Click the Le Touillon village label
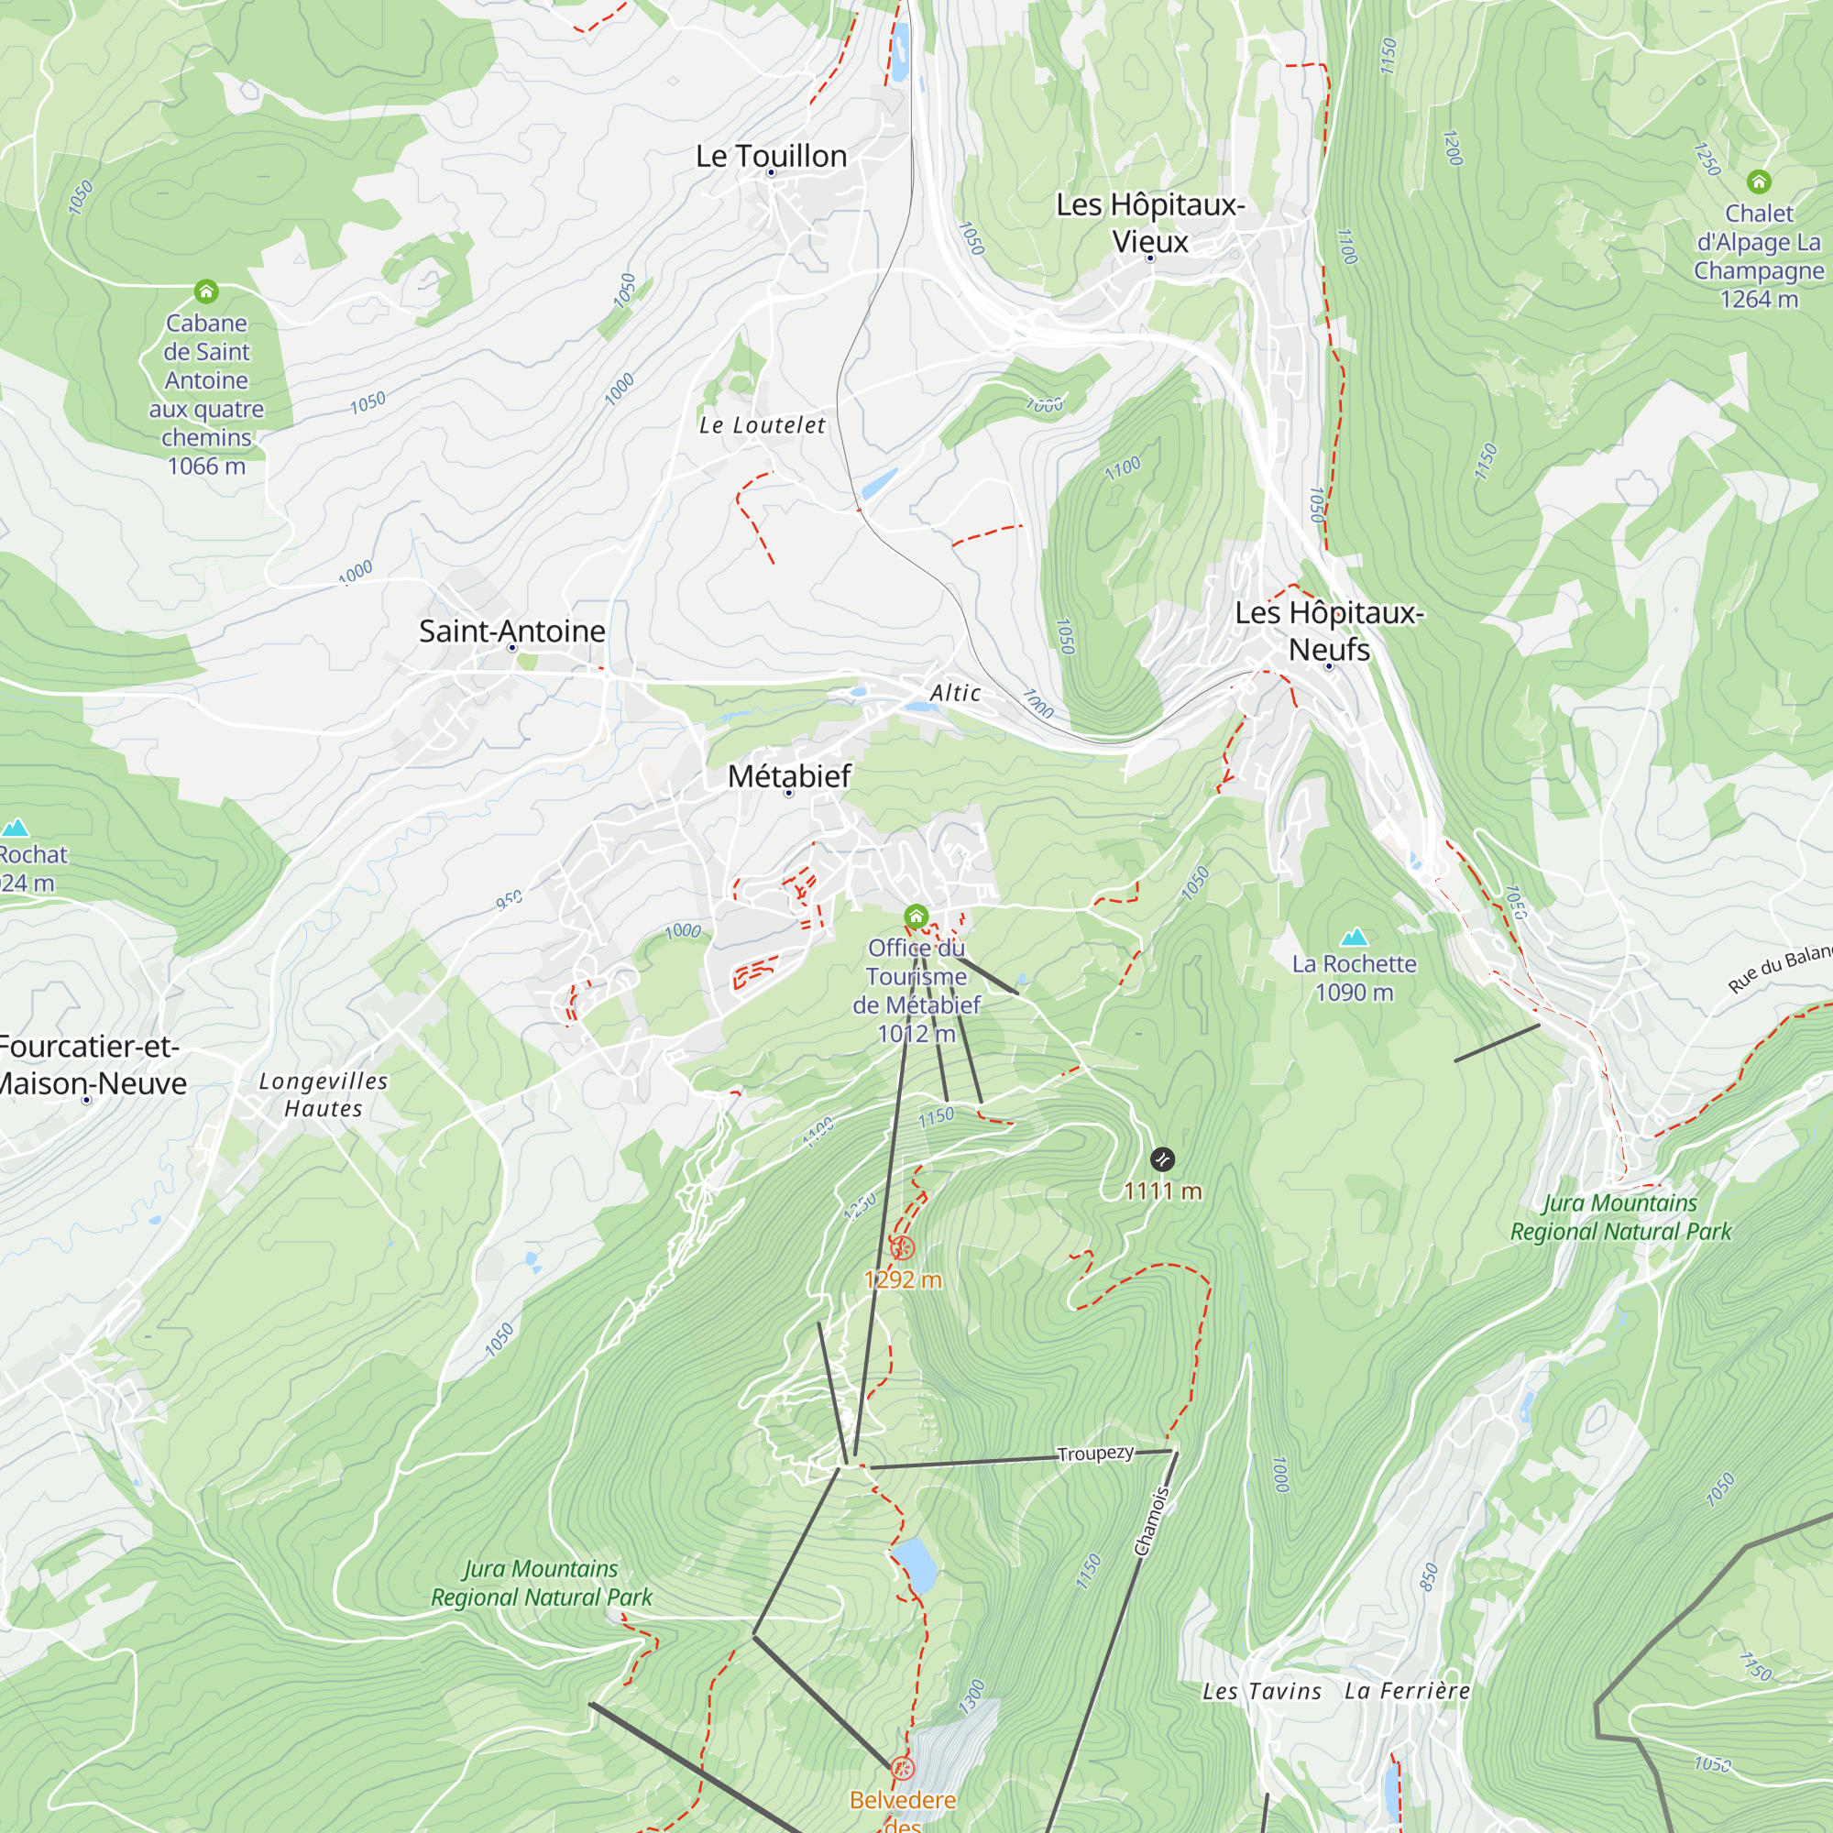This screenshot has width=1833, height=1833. click(771, 157)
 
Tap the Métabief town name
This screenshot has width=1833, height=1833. click(788, 776)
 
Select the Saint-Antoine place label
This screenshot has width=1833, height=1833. click(511, 631)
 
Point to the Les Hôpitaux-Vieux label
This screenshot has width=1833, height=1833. click(1150, 223)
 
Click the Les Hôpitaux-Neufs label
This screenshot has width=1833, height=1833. click(1328, 631)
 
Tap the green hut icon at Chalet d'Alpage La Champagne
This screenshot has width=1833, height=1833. click(1758, 181)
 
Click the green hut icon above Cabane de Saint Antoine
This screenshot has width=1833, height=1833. click(206, 291)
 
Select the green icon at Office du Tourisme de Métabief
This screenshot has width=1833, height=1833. click(916, 916)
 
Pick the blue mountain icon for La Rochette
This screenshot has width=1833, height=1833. click(1354, 938)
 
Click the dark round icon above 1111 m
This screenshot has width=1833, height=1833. click(1162, 1158)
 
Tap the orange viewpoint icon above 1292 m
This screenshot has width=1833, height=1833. click(902, 1247)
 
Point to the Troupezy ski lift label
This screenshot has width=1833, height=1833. click(1095, 1454)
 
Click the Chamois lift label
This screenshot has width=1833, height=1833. click(1152, 1521)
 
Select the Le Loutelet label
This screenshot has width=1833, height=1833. click(762, 425)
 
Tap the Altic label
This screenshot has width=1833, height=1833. click(954, 694)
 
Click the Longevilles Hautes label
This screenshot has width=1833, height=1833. click(324, 1095)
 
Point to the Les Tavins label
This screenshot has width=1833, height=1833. click(1261, 1692)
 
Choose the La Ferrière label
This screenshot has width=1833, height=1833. click(1407, 1691)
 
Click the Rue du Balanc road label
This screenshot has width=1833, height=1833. click(1778, 970)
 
